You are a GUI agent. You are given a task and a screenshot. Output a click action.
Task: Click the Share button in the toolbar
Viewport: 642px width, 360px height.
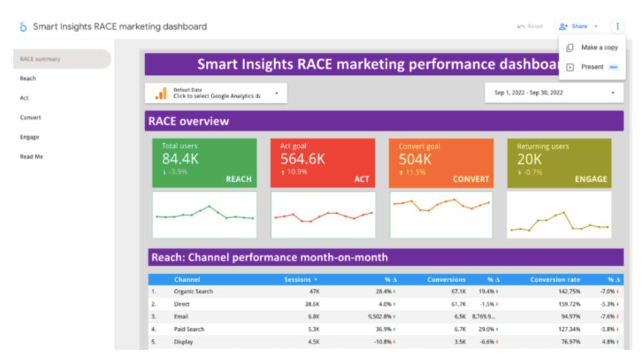pyautogui.click(x=574, y=26)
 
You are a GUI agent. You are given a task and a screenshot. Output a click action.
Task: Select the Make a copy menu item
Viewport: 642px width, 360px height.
pyautogui.click(x=599, y=48)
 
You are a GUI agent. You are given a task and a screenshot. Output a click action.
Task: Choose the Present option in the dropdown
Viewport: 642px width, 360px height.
pyautogui.click(x=592, y=67)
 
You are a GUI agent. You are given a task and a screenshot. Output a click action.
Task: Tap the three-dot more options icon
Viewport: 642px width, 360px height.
pyautogui.click(x=617, y=26)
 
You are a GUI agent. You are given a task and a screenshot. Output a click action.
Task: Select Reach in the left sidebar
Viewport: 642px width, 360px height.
pyautogui.click(x=28, y=79)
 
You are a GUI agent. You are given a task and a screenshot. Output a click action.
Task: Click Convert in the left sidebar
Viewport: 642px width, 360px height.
pyautogui.click(x=30, y=118)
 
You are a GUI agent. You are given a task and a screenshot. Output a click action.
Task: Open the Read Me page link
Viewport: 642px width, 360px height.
pyautogui.click(x=32, y=157)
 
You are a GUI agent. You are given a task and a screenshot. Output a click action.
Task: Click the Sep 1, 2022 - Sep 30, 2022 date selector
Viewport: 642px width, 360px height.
pyautogui.click(x=554, y=93)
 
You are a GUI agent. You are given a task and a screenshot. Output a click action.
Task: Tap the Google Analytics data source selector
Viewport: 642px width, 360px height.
pyautogui.click(x=216, y=94)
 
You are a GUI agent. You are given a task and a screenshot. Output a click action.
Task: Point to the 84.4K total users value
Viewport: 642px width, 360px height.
pyautogui.click(x=180, y=159)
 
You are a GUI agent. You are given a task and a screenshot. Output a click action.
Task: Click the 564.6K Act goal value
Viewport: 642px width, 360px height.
pyautogui.click(x=303, y=159)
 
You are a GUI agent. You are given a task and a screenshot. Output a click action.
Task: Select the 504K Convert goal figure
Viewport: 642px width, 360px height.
pyautogui.click(x=415, y=159)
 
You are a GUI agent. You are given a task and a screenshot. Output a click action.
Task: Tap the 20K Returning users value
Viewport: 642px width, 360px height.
pyautogui.click(x=529, y=159)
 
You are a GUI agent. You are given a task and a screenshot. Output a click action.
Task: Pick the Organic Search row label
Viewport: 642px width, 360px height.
pyautogui.click(x=193, y=292)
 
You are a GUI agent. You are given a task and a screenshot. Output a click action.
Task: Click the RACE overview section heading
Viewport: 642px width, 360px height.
pyautogui.click(x=189, y=121)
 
